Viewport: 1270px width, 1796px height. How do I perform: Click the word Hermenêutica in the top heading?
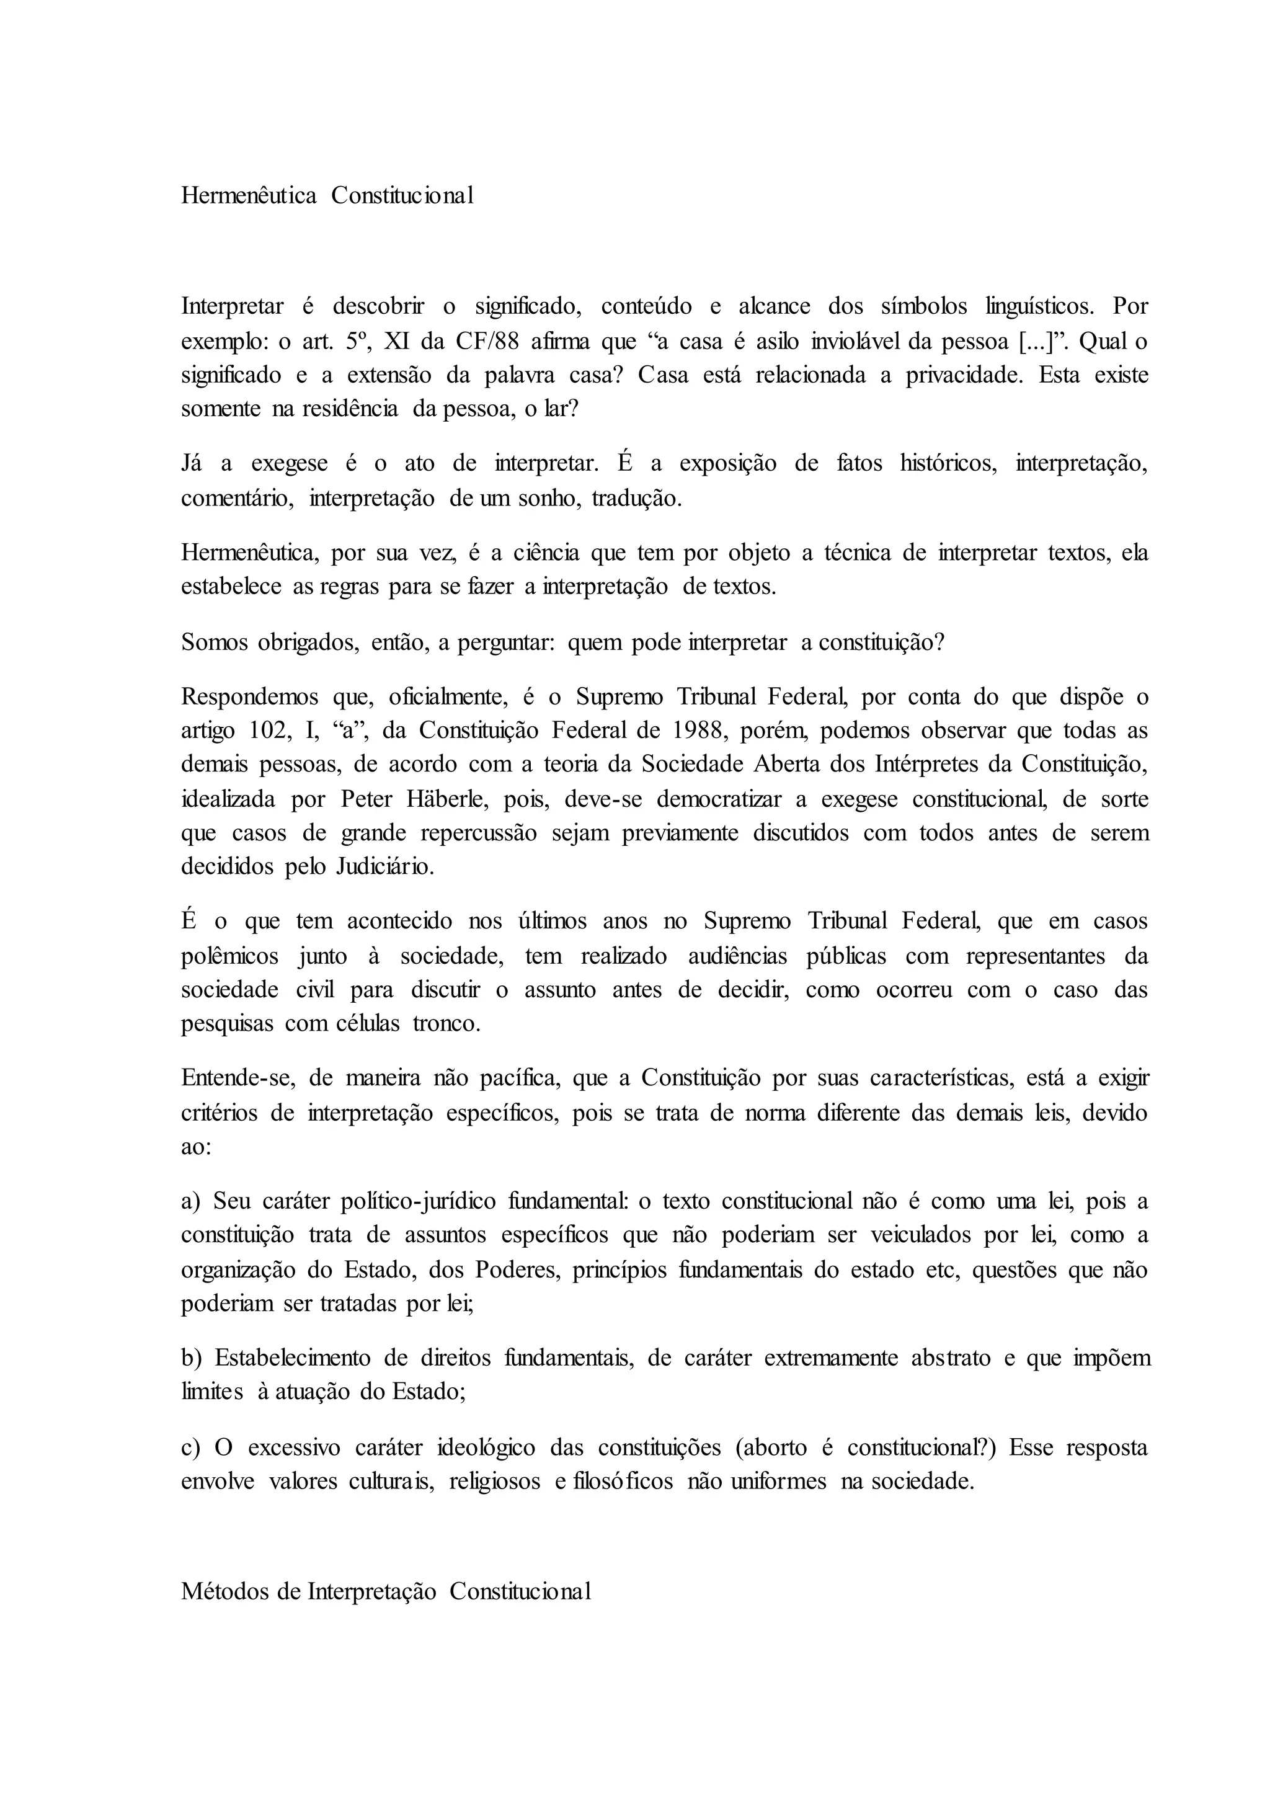249,195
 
